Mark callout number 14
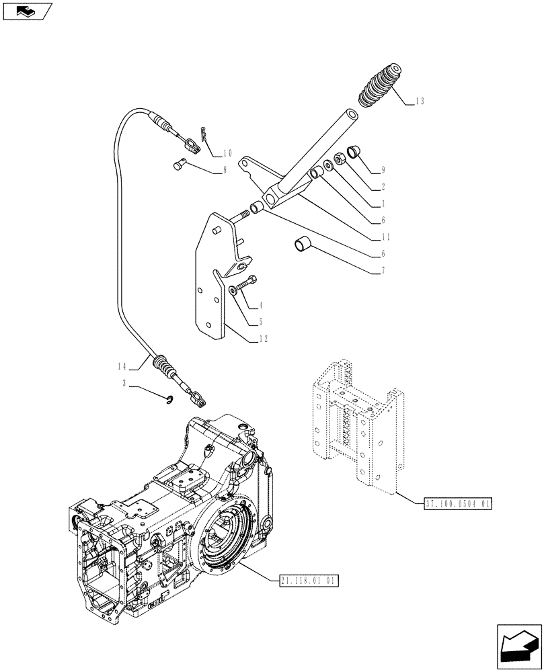pyautogui.click(x=121, y=367)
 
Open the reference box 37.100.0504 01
pyautogui.click(x=460, y=503)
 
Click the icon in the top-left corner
pyautogui.click(x=26, y=11)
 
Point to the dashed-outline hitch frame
pyautogui.click(x=356, y=423)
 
